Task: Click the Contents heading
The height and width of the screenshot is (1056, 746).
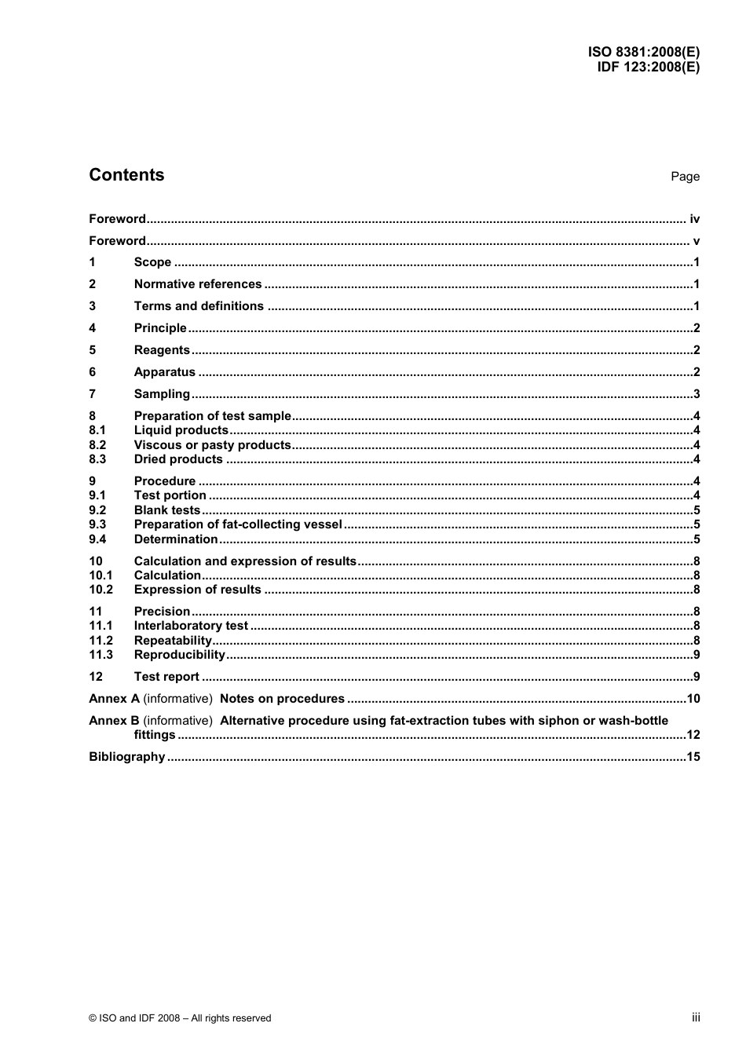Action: point(126,175)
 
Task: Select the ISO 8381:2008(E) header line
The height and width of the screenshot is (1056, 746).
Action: point(644,53)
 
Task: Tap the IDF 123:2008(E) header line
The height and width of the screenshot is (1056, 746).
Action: point(648,67)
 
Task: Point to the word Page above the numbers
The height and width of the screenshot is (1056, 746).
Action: point(685,177)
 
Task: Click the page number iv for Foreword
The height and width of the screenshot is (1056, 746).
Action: point(694,219)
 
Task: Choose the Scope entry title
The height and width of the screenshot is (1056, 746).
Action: point(152,262)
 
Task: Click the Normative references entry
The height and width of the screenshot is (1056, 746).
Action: point(198,284)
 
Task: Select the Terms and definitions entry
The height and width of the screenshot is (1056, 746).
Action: point(199,306)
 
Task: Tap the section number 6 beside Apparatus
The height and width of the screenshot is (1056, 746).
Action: point(93,372)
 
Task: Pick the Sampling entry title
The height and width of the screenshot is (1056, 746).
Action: point(162,394)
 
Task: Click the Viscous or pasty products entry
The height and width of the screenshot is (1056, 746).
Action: point(212,445)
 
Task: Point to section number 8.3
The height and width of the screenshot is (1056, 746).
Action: point(97,459)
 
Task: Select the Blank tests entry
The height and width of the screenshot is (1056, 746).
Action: point(167,510)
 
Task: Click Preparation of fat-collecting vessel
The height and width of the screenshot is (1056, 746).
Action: point(238,524)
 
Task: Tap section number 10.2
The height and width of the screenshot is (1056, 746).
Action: point(101,590)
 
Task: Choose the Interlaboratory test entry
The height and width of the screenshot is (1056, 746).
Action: point(191,626)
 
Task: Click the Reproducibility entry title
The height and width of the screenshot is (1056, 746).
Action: point(180,655)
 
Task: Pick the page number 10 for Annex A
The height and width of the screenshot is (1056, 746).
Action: point(693,699)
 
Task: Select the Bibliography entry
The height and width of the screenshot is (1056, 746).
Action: point(127,757)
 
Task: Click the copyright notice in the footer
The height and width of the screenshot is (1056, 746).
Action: point(180,1018)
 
